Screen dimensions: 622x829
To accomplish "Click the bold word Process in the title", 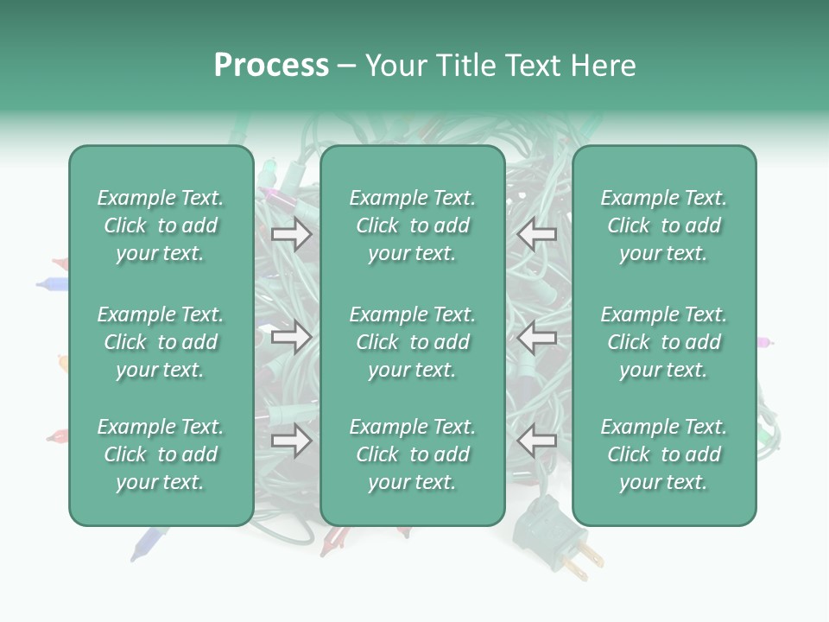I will (271, 66).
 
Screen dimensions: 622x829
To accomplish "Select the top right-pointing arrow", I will (291, 234).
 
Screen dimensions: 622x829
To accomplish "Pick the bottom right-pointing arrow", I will (291, 441).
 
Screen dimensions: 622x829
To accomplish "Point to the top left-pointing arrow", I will (536, 234).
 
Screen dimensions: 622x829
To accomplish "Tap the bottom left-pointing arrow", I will (536, 441).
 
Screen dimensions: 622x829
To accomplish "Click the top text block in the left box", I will (161, 225).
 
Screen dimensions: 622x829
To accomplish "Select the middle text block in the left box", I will (161, 342).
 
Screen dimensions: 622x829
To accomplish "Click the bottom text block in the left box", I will (161, 454).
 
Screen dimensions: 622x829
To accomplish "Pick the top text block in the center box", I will (413, 225).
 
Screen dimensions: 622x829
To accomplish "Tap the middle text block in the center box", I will (413, 342).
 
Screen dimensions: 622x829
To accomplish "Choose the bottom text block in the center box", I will (413, 454).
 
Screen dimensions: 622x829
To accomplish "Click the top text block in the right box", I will (664, 225).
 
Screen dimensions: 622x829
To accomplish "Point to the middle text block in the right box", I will (664, 342).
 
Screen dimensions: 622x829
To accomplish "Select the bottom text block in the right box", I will (664, 454).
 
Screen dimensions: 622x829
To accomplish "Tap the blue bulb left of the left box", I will (52, 282).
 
